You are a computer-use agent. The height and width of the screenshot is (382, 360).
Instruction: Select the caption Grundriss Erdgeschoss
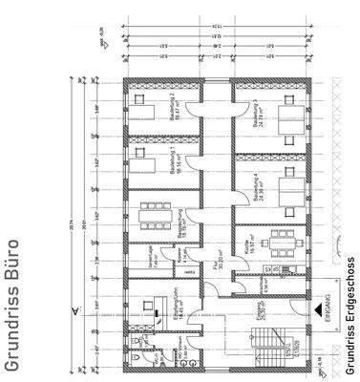[350, 308]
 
